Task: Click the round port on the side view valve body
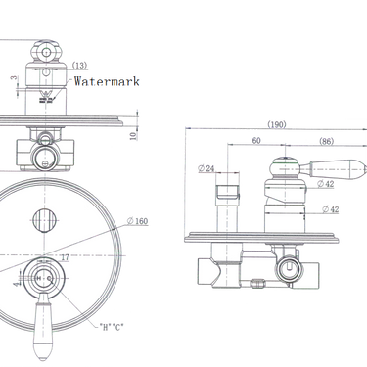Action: click(288, 268)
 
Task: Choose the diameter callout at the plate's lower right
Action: click(114, 323)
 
